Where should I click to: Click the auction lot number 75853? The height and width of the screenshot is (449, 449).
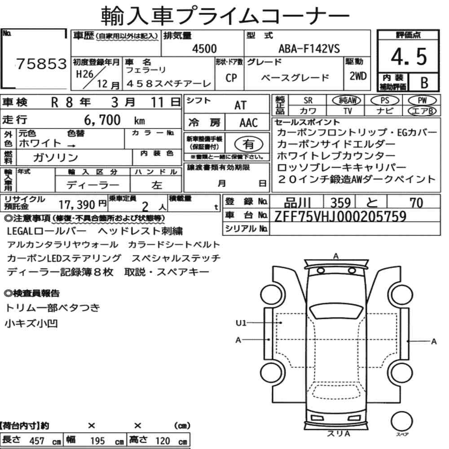click(41, 64)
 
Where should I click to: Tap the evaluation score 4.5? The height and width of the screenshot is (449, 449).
click(409, 57)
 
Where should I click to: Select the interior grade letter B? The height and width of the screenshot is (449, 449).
click(424, 83)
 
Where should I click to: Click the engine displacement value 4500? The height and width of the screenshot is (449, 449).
click(204, 49)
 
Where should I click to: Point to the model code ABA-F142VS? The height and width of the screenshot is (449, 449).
click(309, 49)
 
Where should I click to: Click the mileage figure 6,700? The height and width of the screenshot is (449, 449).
click(102, 120)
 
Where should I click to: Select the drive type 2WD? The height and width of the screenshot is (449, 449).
click(358, 76)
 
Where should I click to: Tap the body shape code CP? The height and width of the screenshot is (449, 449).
click(231, 78)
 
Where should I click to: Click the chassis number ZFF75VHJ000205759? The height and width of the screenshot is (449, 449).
click(340, 216)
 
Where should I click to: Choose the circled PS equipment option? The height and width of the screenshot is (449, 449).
click(385, 101)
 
